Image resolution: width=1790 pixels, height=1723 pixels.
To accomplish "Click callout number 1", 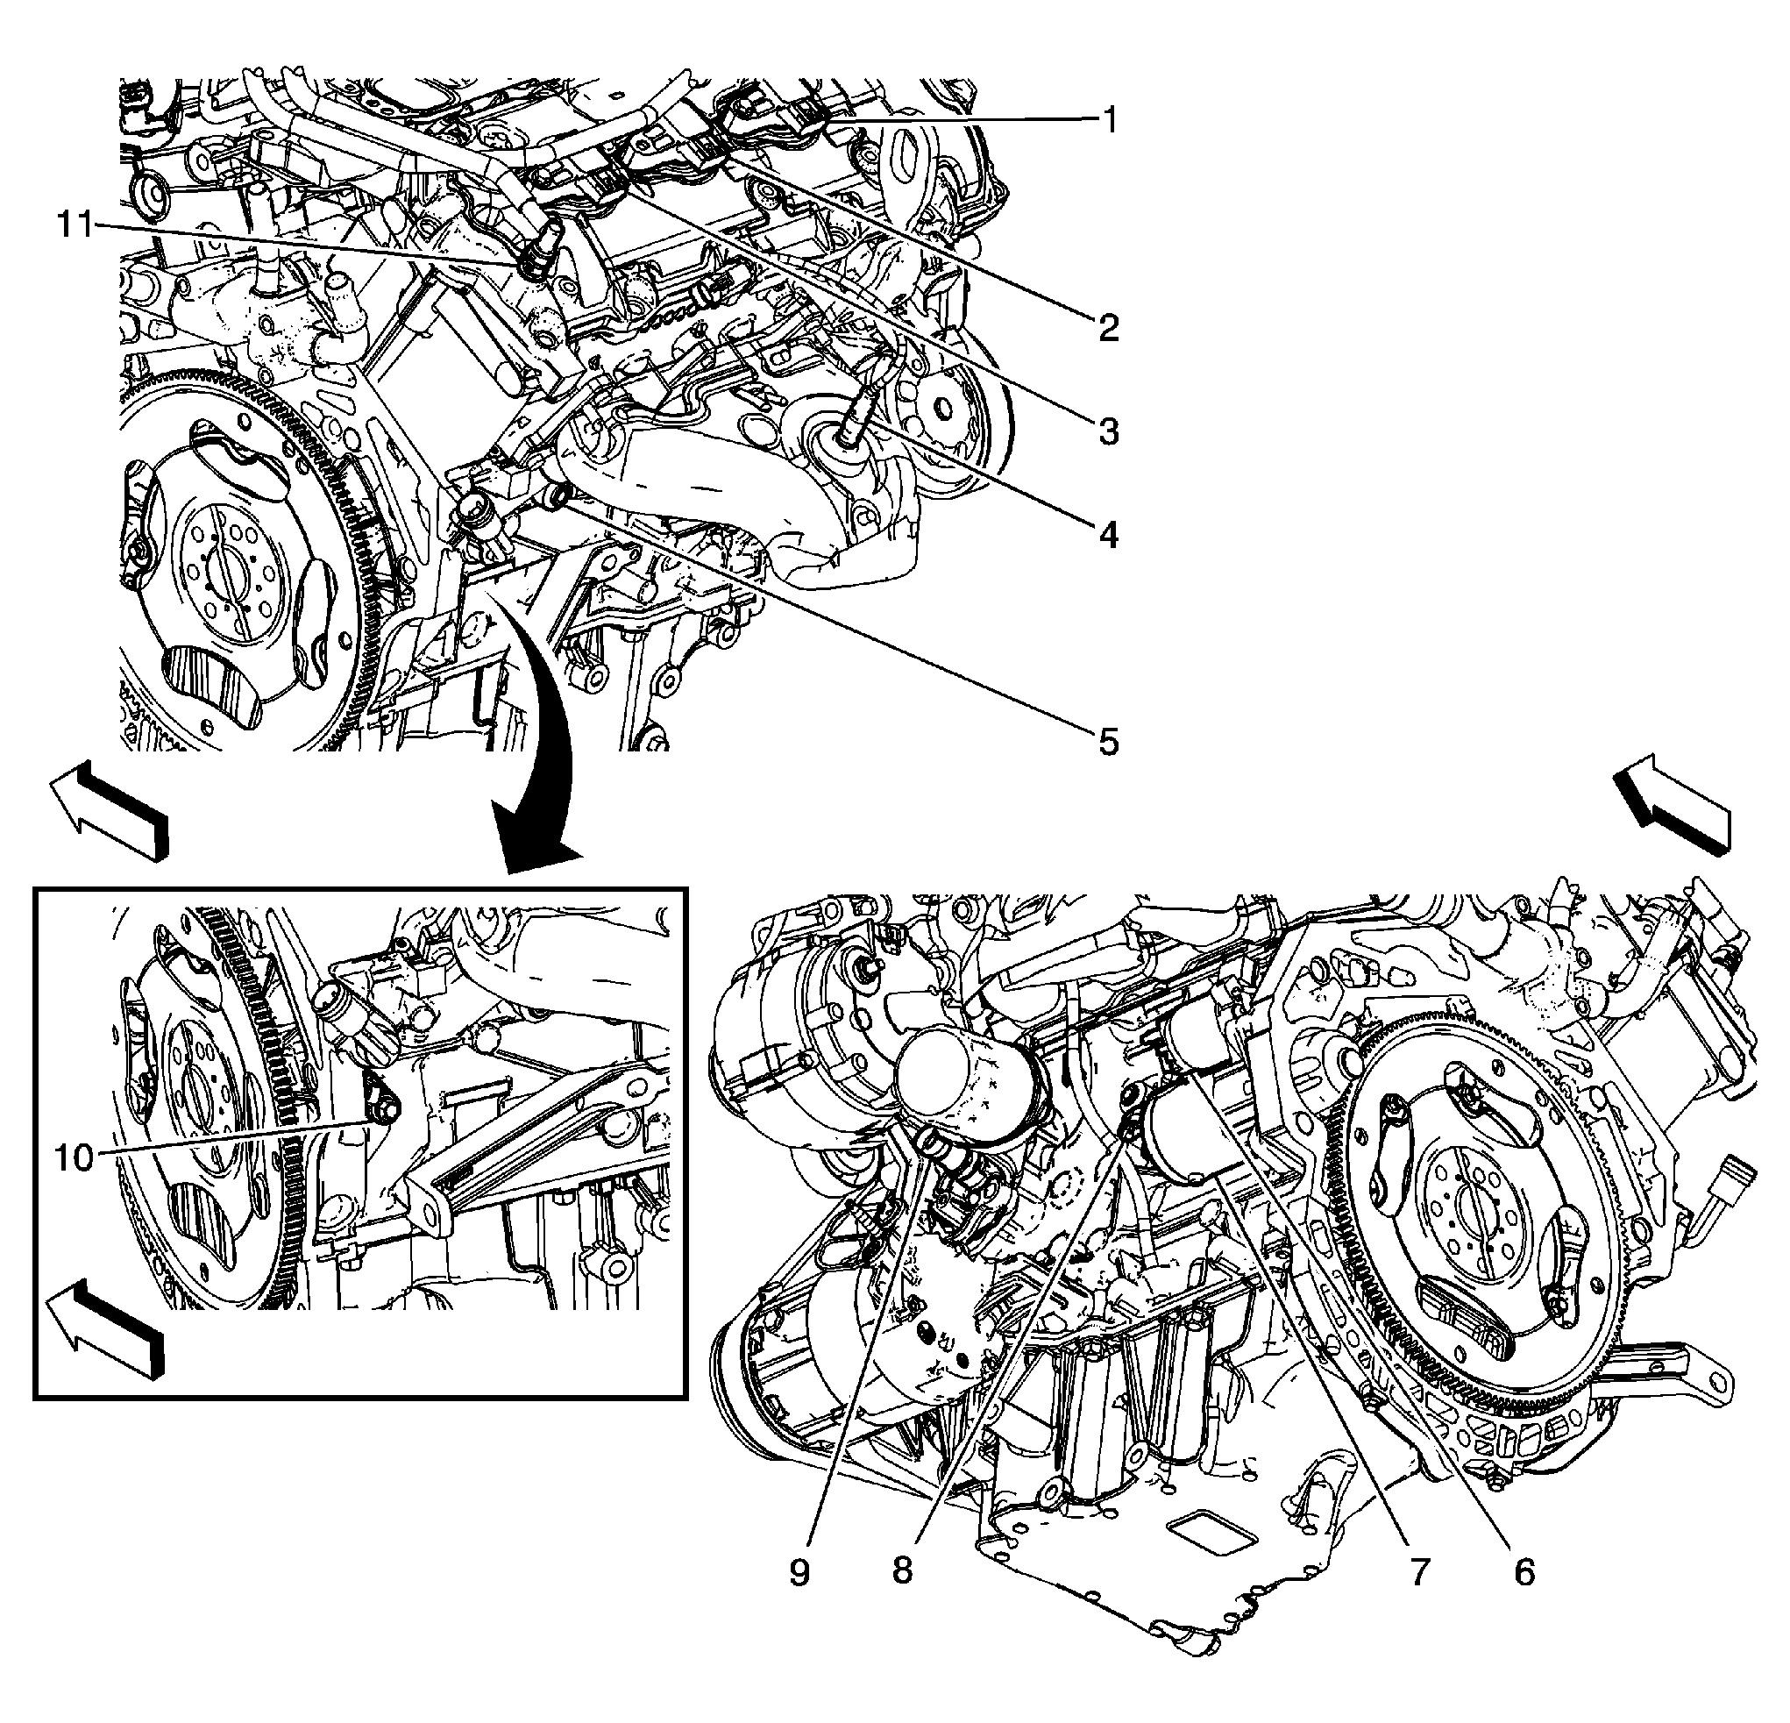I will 1109,119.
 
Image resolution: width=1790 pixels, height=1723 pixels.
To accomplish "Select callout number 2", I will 1109,326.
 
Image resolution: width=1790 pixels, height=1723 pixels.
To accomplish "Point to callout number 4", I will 1109,535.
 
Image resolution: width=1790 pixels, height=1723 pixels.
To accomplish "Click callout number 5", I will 1109,742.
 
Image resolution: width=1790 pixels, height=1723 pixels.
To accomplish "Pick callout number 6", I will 1524,1572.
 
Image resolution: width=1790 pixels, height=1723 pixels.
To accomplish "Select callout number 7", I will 1417,1572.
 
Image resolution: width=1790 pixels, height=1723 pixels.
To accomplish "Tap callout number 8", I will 902,1572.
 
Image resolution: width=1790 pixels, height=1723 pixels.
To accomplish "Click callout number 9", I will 800,1572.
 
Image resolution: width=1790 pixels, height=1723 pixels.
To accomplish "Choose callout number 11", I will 77,224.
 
